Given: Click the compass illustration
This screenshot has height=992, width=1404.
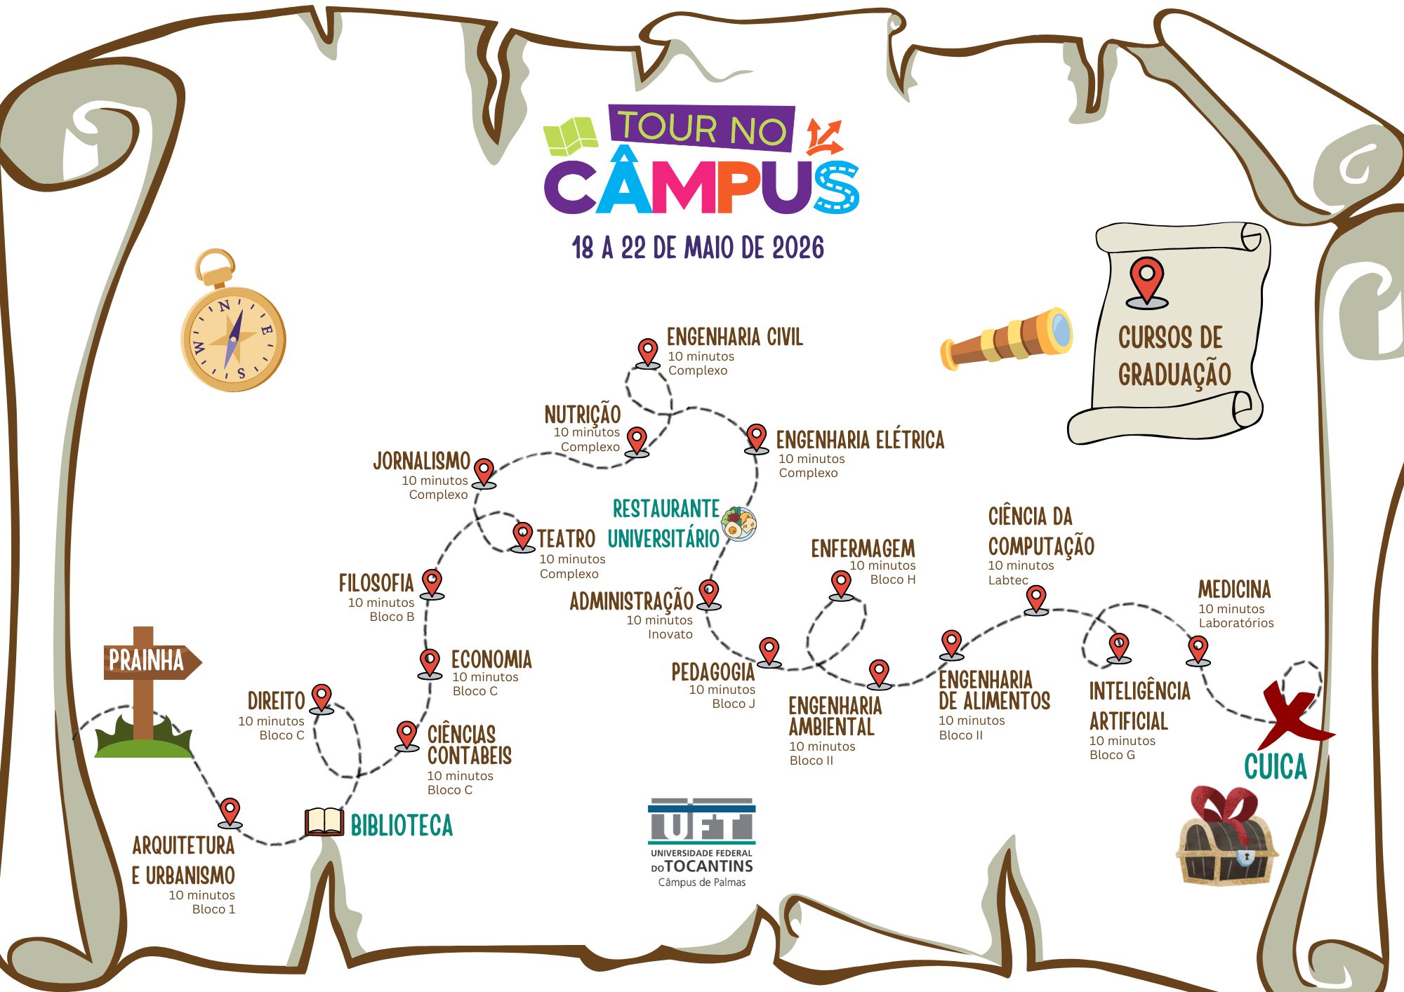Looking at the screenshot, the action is (x=233, y=330).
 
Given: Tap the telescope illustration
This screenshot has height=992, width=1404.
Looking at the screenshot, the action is (x=1006, y=338).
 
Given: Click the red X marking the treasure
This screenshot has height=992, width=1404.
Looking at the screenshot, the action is (x=1293, y=715).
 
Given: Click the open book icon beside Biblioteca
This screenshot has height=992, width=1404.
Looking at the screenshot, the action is (x=324, y=822).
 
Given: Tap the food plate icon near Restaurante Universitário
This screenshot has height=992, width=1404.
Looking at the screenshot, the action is (x=739, y=524).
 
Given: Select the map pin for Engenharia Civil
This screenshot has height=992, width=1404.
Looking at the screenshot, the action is (x=647, y=353).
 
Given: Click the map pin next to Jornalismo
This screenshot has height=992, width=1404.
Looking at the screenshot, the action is (x=484, y=473).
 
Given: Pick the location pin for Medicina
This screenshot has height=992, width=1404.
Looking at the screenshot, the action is (x=1198, y=650).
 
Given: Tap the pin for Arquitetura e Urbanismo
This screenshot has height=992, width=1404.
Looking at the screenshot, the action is (x=230, y=813).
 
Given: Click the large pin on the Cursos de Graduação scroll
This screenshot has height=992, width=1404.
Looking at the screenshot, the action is (x=1147, y=283).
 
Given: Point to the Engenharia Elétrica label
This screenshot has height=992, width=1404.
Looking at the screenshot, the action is (x=860, y=440).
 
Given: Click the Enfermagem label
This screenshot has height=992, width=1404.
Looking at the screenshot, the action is (x=863, y=549).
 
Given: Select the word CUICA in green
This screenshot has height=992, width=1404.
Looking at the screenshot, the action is (x=1276, y=767).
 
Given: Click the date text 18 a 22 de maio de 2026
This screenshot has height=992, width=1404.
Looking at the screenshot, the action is (x=698, y=248).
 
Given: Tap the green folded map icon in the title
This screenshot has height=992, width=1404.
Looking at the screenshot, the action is (x=570, y=136).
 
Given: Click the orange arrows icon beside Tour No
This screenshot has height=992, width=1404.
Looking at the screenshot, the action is (x=823, y=137).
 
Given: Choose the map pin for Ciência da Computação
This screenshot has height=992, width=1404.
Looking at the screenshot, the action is (x=1036, y=601).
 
